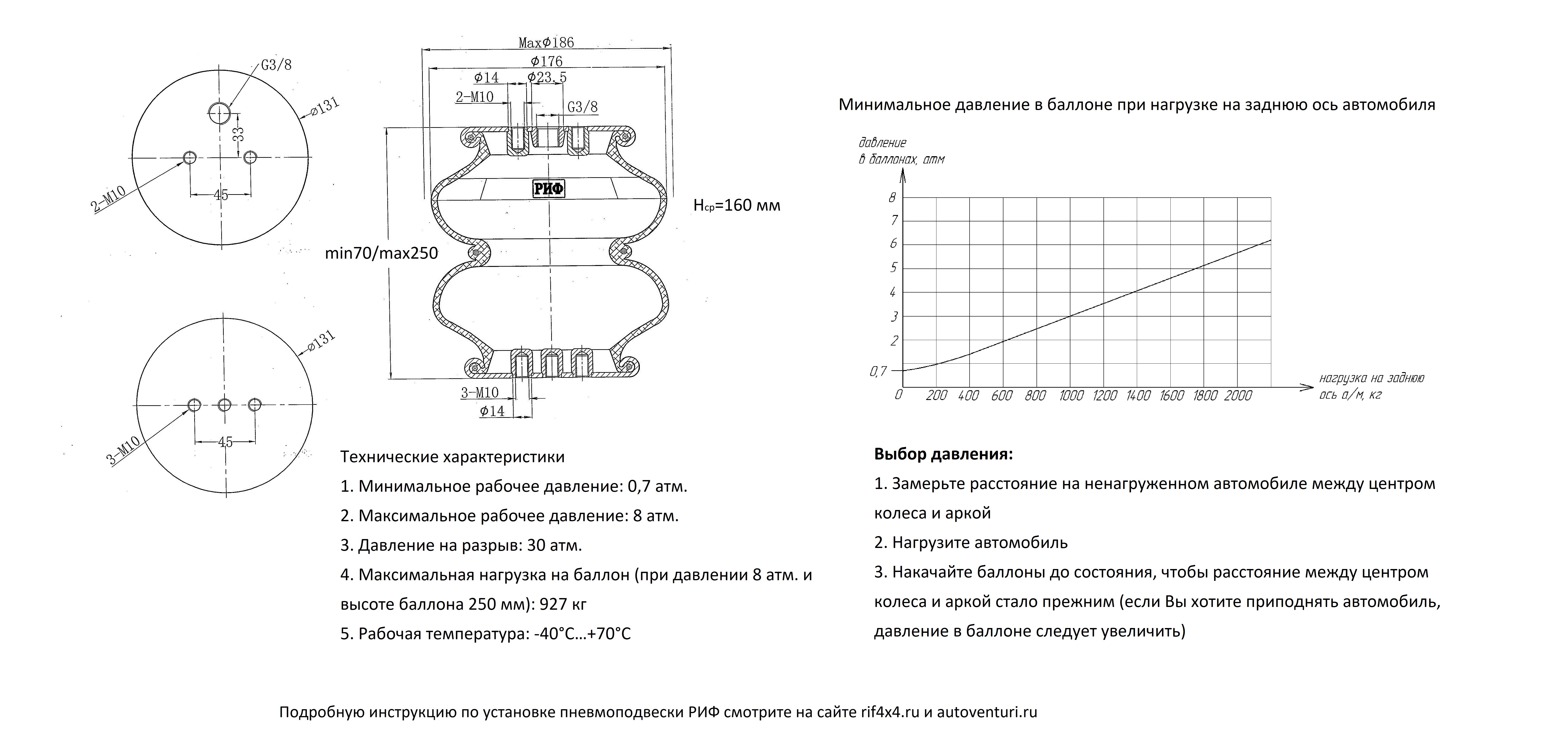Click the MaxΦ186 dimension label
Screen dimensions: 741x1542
546,43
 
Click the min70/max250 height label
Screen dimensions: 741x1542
381,253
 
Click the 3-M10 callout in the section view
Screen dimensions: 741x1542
479,393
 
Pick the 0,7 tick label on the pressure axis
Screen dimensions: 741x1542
878,371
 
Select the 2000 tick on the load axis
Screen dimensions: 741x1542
1238,395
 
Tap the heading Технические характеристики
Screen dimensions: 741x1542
452,457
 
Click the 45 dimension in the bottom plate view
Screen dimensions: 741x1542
225,442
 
